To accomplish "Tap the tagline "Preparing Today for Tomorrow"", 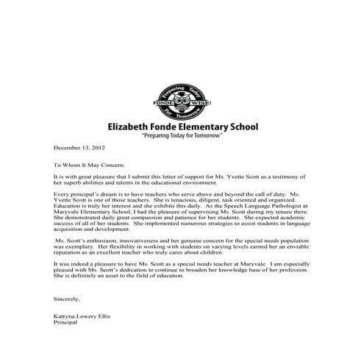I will (x=182, y=137).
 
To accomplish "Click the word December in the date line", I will (x=66, y=149).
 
